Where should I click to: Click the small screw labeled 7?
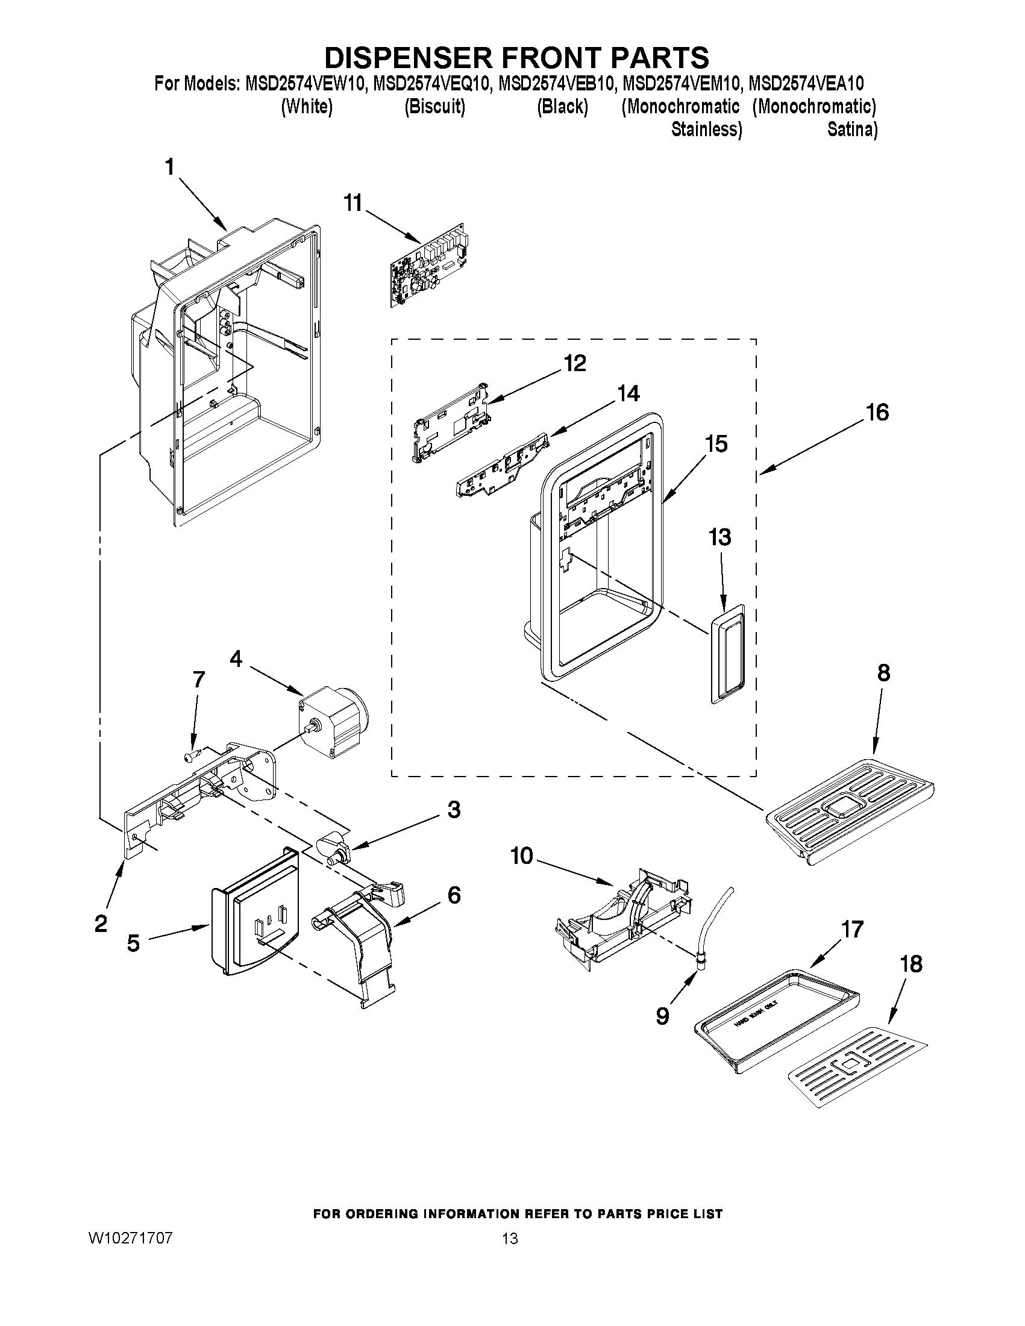(189, 755)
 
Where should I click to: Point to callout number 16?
(877, 413)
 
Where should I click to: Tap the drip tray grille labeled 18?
(857, 1062)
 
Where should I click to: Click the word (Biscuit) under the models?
(435, 107)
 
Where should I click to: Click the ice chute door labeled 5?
(255, 911)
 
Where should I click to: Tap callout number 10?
(521, 856)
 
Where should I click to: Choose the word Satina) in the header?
(852, 130)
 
